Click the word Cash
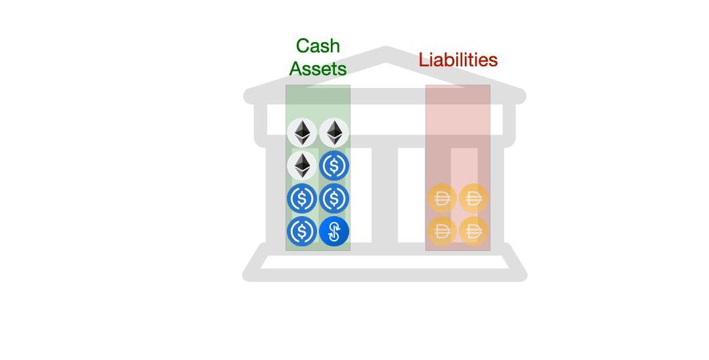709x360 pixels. point(318,46)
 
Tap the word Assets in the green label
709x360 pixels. point(318,68)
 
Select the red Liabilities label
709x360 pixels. point(458,60)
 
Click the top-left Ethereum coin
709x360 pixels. point(302,132)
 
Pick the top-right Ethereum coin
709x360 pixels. point(334,132)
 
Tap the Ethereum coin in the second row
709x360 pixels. point(302,165)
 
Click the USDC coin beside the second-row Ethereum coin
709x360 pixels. point(334,166)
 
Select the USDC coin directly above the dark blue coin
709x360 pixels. point(334,198)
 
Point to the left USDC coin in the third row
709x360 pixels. point(302,198)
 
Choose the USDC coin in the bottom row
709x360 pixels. point(302,231)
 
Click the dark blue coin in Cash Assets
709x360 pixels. point(334,231)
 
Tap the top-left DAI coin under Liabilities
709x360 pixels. point(442,198)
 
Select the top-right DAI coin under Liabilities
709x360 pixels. point(473,198)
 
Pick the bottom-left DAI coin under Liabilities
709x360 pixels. point(442,231)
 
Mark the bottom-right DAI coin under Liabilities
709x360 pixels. point(473,231)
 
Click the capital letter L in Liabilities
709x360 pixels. point(423,60)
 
